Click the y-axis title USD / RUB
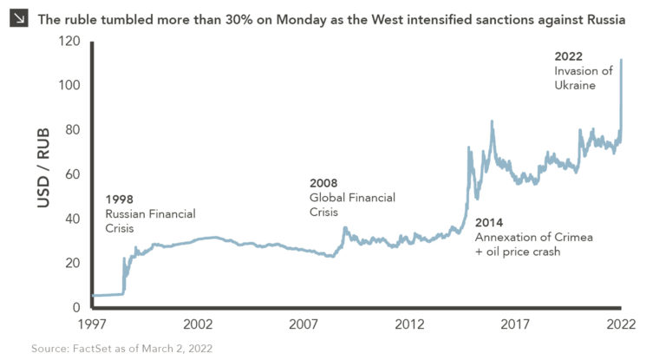click(42, 167)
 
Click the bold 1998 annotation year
click(119, 199)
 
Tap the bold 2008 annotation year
click(323, 183)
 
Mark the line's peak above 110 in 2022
click(621, 60)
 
